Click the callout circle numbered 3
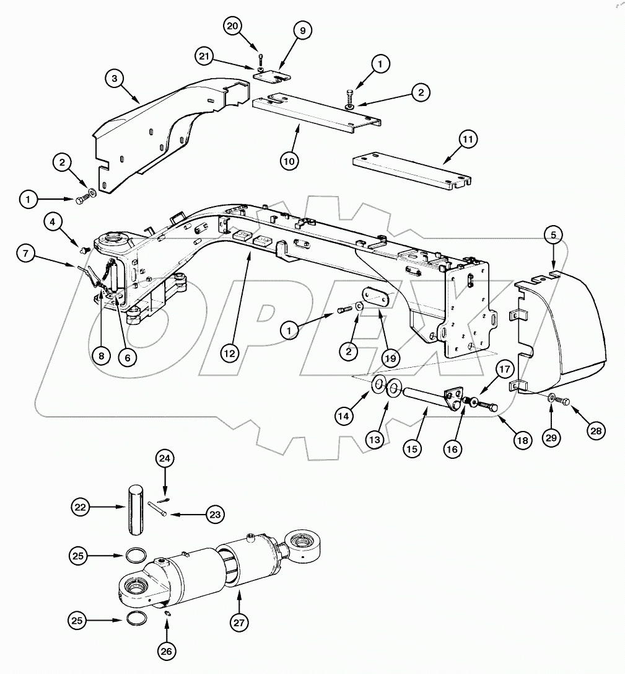coord(115,79)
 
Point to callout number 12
coord(230,353)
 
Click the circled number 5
coord(554,235)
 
